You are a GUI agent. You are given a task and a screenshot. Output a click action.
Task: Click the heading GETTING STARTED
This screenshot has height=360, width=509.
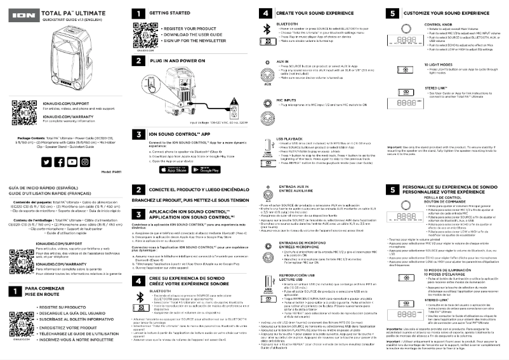click(166, 13)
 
